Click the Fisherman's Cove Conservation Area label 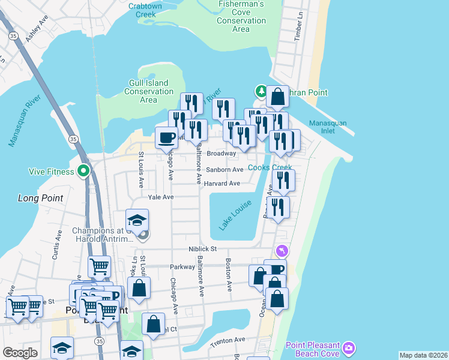(x=241, y=19)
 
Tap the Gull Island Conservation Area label (x=148, y=91)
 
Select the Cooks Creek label (x=270, y=168)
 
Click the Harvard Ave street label (x=221, y=184)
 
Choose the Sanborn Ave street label (x=225, y=170)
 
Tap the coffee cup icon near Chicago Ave (x=166, y=138)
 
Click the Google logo (x=20, y=353)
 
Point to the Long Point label (x=40, y=198)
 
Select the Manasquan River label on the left (x=24, y=120)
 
